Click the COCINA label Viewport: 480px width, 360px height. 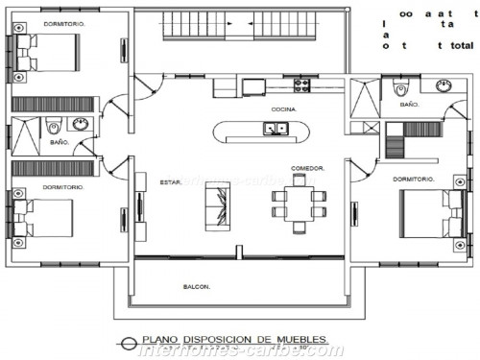click(283, 109)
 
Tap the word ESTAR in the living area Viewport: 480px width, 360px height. click(171, 180)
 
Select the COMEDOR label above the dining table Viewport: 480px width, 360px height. click(307, 168)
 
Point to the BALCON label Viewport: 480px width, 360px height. click(197, 286)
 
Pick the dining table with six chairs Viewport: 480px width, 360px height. click(299, 203)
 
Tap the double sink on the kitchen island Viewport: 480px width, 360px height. click(272, 130)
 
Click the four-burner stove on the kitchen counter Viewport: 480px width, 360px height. click(301, 84)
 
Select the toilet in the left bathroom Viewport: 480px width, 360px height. click(55, 125)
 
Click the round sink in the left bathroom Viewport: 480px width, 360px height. click(81, 124)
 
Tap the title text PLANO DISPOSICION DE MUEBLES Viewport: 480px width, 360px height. click(234, 339)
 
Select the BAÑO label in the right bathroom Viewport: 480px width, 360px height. click(410, 104)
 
